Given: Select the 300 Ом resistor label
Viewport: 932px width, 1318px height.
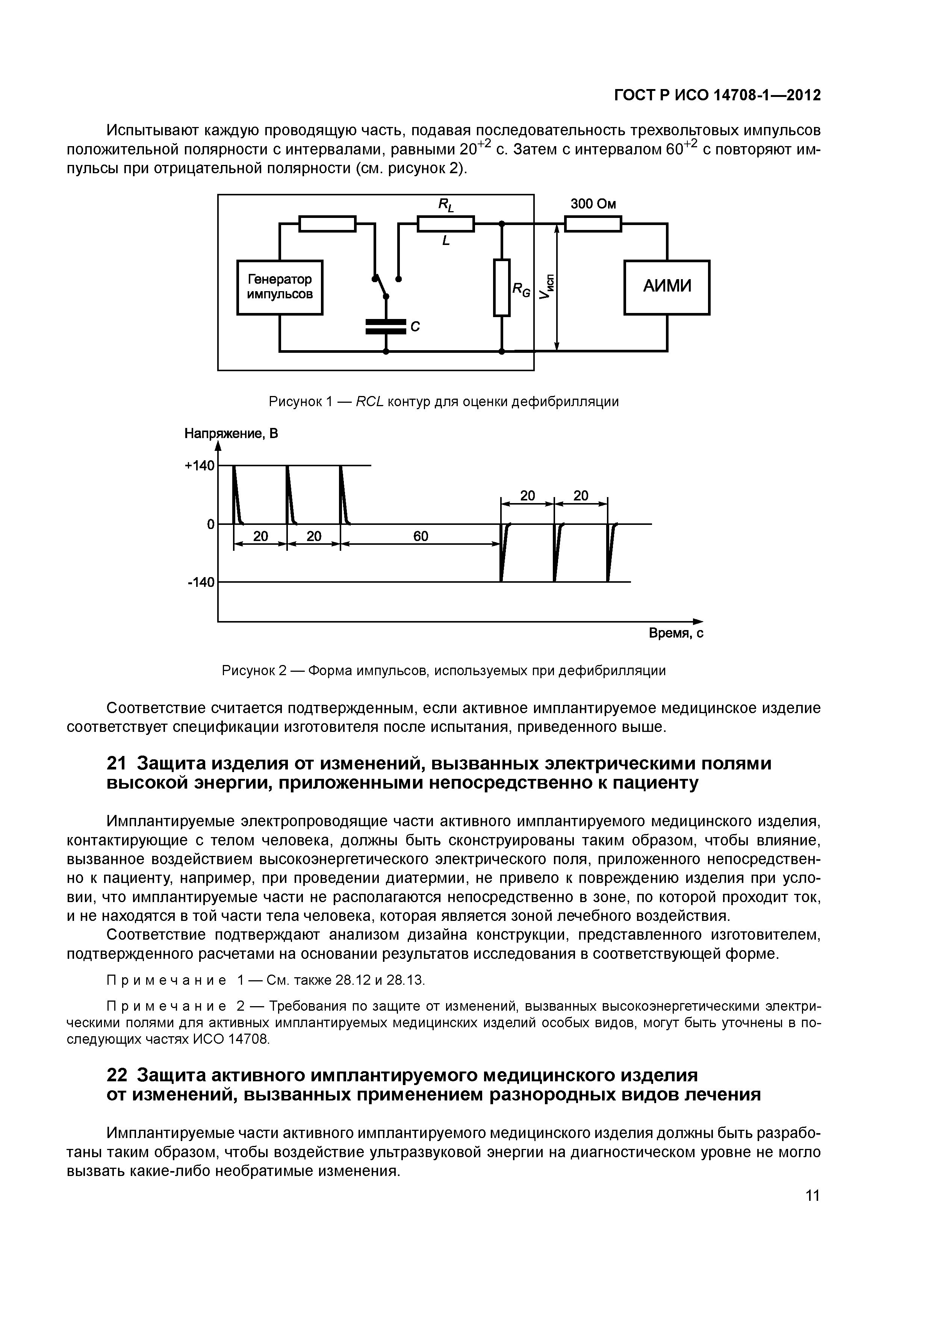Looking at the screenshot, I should coord(593,204).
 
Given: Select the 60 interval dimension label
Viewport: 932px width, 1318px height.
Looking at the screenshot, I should coord(421,536).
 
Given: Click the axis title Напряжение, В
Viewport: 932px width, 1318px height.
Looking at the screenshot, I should coord(231,434).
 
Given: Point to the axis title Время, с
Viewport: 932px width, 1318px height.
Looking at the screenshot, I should coord(676,633).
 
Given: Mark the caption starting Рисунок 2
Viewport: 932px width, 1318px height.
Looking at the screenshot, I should coord(443,671).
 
